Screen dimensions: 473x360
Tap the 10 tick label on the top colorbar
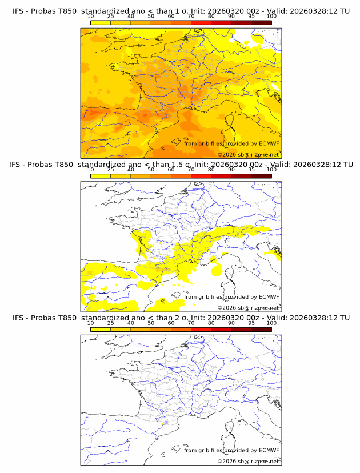90,16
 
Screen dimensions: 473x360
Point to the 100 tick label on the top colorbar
271,16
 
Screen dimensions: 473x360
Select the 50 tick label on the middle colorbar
151,170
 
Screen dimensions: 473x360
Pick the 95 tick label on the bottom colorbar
251,323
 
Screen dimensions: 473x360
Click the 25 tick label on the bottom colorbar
110,323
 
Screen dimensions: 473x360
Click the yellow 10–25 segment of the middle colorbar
101,176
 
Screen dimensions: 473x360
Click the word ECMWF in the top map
269,143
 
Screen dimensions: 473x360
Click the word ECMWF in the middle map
269,296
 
